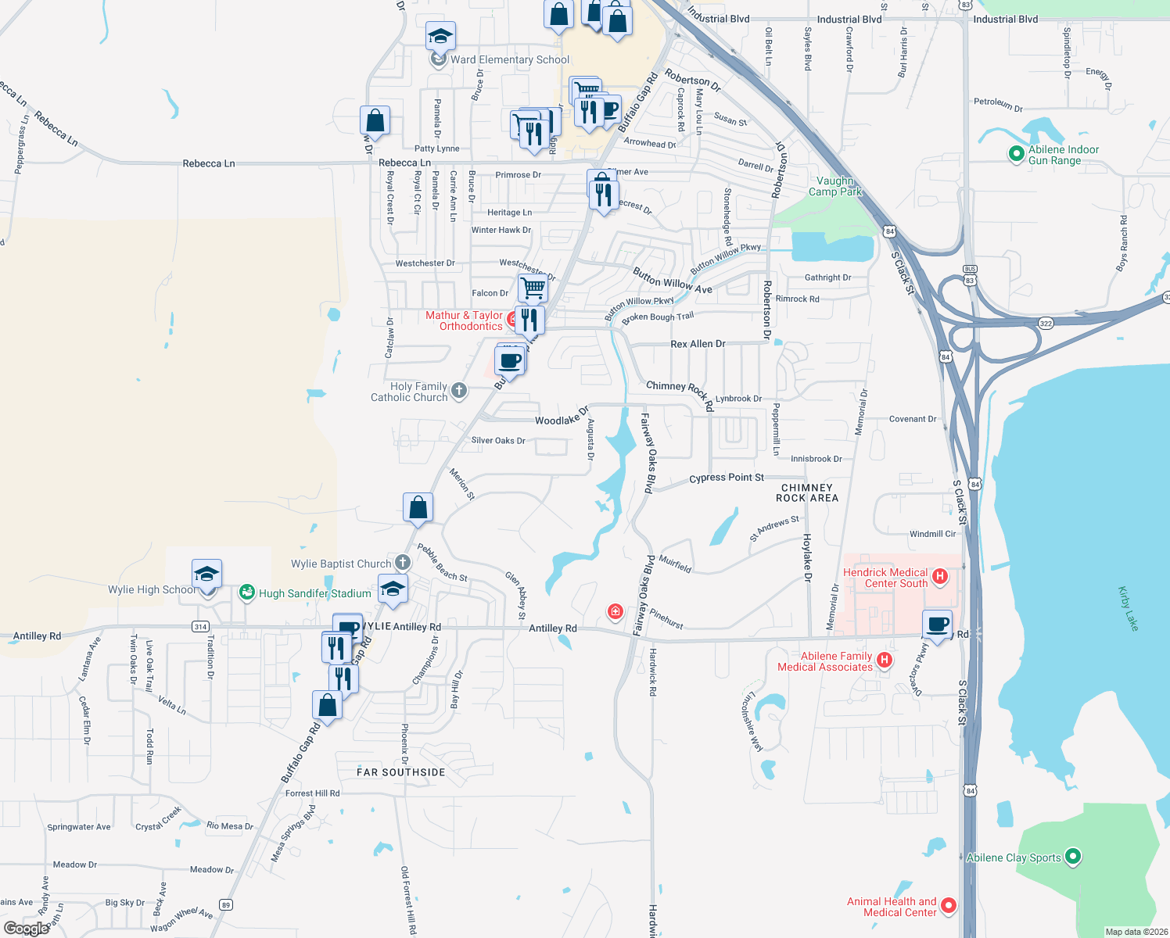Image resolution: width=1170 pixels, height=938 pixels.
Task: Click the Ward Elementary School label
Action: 510,59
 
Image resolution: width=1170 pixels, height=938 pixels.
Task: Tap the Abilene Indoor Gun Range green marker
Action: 1016,154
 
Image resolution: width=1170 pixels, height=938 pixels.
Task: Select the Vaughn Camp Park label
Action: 834,186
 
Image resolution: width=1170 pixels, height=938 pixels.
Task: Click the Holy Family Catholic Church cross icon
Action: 459,390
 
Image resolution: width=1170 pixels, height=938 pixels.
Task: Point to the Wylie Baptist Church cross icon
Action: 402,562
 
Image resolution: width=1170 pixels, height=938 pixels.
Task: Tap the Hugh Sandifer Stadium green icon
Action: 247,593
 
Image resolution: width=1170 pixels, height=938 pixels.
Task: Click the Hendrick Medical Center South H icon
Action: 940,577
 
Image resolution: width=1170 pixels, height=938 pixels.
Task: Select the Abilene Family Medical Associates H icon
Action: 884,661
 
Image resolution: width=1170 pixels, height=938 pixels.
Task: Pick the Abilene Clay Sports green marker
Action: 1073,857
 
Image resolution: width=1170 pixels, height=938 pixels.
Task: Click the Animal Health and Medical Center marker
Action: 949,905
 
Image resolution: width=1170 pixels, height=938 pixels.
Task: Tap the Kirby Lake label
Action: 1128,608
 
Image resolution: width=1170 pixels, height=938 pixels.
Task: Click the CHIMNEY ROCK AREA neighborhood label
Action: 807,492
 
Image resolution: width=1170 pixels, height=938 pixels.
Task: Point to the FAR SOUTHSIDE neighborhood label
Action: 401,772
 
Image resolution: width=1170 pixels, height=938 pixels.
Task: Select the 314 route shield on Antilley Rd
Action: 200,626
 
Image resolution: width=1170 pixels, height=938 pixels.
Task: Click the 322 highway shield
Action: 1046,323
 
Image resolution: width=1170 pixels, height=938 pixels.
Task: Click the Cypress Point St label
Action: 727,478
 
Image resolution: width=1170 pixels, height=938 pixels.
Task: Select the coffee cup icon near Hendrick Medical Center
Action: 937,625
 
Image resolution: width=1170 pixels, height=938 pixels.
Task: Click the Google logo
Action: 27,928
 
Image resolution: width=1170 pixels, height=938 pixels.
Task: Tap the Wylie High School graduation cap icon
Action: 206,575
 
